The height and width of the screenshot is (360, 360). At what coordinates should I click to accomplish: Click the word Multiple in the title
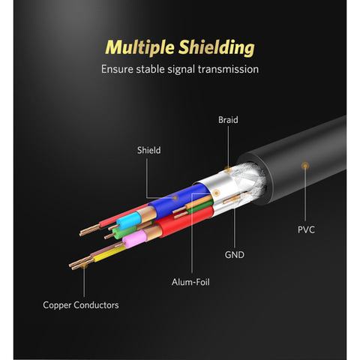pos(139,47)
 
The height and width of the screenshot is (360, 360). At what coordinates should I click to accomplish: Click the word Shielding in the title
pos(217,47)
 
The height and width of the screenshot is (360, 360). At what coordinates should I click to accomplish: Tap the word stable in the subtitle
pos(150,69)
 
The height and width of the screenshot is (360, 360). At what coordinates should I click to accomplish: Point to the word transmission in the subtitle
pos(228,69)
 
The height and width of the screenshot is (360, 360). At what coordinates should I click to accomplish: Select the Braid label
pos(228,120)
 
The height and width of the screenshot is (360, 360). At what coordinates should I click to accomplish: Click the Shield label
pos(148,150)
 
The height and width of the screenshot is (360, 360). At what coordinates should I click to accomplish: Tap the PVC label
pos(306,229)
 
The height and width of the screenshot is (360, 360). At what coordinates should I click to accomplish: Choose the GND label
pos(234,255)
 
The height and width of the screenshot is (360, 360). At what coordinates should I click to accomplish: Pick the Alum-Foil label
pos(190,282)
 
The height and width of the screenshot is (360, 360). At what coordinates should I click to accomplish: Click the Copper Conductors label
pos(81,305)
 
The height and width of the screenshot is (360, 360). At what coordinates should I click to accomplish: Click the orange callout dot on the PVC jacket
pos(305,166)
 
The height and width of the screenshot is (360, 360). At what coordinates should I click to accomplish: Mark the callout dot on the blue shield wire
pos(175,198)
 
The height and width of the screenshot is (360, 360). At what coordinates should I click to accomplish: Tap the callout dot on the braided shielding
pos(228,169)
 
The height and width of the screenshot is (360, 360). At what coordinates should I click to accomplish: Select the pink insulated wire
pos(134,238)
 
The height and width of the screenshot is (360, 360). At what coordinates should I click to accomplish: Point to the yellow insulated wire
pos(109,254)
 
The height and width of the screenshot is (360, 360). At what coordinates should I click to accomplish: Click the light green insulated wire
pos(124,232)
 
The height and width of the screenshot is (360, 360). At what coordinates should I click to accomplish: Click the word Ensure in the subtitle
pos(117,69)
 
